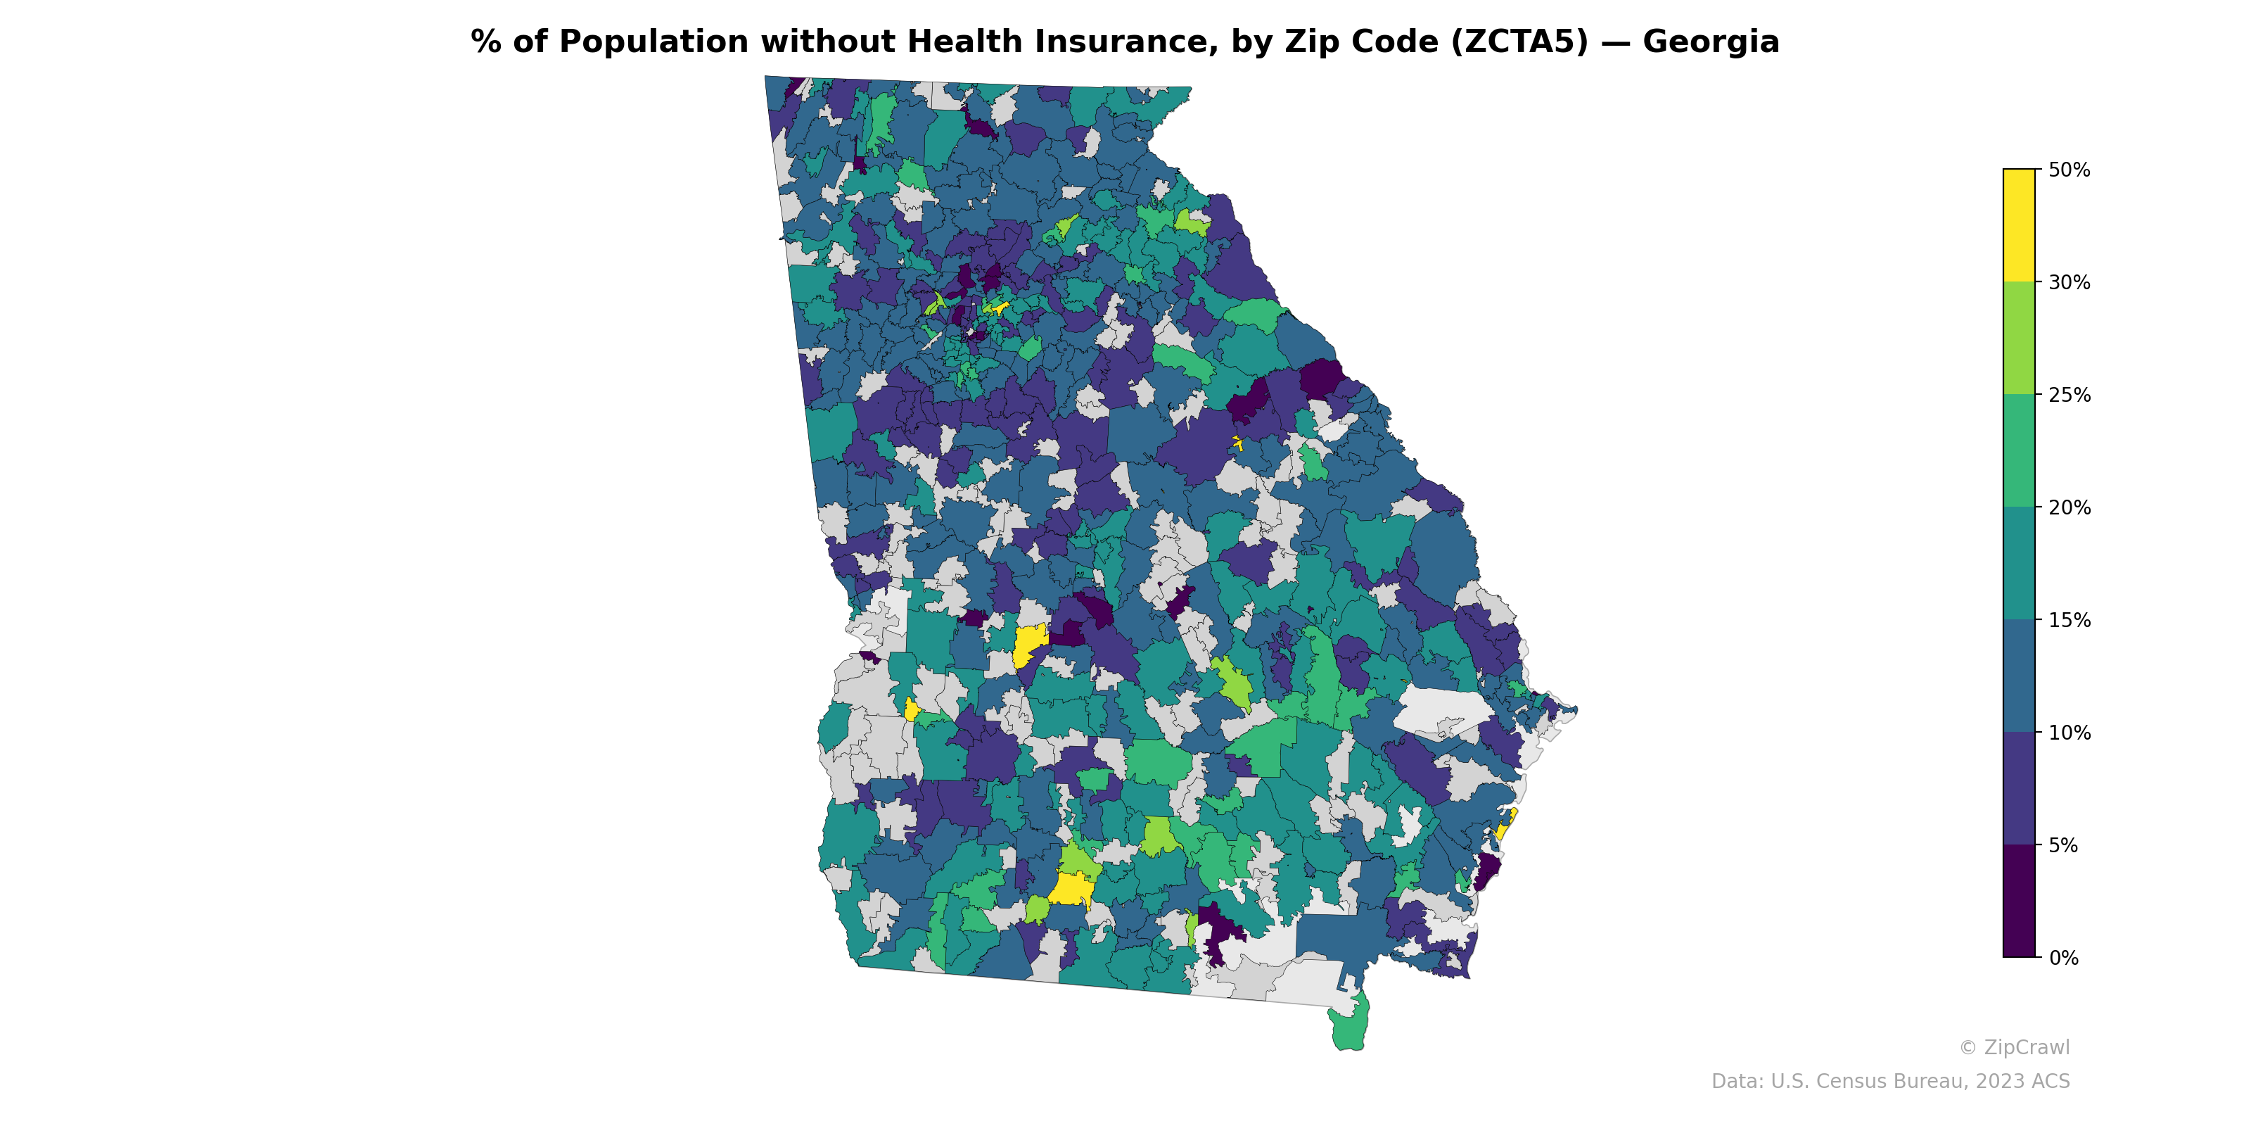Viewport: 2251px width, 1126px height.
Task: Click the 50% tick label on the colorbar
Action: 2068,170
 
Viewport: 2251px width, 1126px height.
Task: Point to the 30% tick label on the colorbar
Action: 2068,282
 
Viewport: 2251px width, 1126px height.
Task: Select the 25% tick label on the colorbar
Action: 2068,395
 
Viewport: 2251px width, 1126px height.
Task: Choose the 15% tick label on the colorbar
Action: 2068,621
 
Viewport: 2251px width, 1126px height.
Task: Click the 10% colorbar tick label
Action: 2068,733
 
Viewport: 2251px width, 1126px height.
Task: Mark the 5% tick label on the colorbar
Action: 2062,845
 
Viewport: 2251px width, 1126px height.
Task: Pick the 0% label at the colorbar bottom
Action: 2062,958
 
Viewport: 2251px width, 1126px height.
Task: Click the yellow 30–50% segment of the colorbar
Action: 2019,225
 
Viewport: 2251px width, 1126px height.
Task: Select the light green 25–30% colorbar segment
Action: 2019,339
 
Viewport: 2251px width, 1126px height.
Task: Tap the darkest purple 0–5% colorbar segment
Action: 2019,902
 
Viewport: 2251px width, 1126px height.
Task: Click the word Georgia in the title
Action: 1710,42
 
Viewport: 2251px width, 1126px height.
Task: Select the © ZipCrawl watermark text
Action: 2013,1047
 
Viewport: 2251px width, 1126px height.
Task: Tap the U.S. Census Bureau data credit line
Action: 1889,1082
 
